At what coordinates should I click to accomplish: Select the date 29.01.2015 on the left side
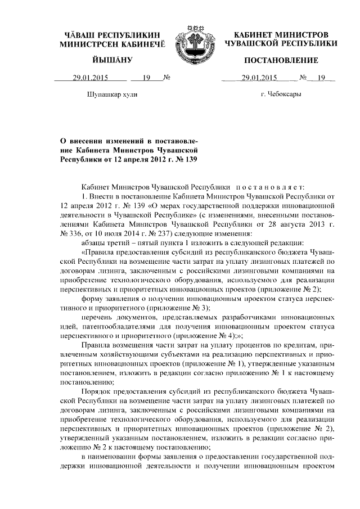[89, 78]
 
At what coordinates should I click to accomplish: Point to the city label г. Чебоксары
[281, 94]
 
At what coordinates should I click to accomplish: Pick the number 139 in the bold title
[192, 159]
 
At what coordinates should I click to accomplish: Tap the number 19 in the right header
[322, 78]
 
